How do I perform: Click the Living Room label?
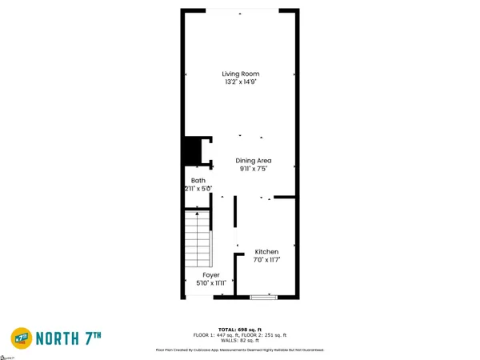240,74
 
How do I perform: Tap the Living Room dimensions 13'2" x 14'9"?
240,82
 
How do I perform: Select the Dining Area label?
253,161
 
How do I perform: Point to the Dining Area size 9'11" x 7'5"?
253,169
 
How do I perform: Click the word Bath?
198,181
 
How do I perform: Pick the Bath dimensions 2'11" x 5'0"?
198,189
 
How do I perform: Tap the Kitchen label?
266,253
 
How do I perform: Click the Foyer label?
211,274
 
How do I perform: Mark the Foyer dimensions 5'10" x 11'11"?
211,282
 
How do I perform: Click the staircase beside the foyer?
198,241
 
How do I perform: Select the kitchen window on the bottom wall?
263,298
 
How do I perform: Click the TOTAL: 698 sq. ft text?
240,328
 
